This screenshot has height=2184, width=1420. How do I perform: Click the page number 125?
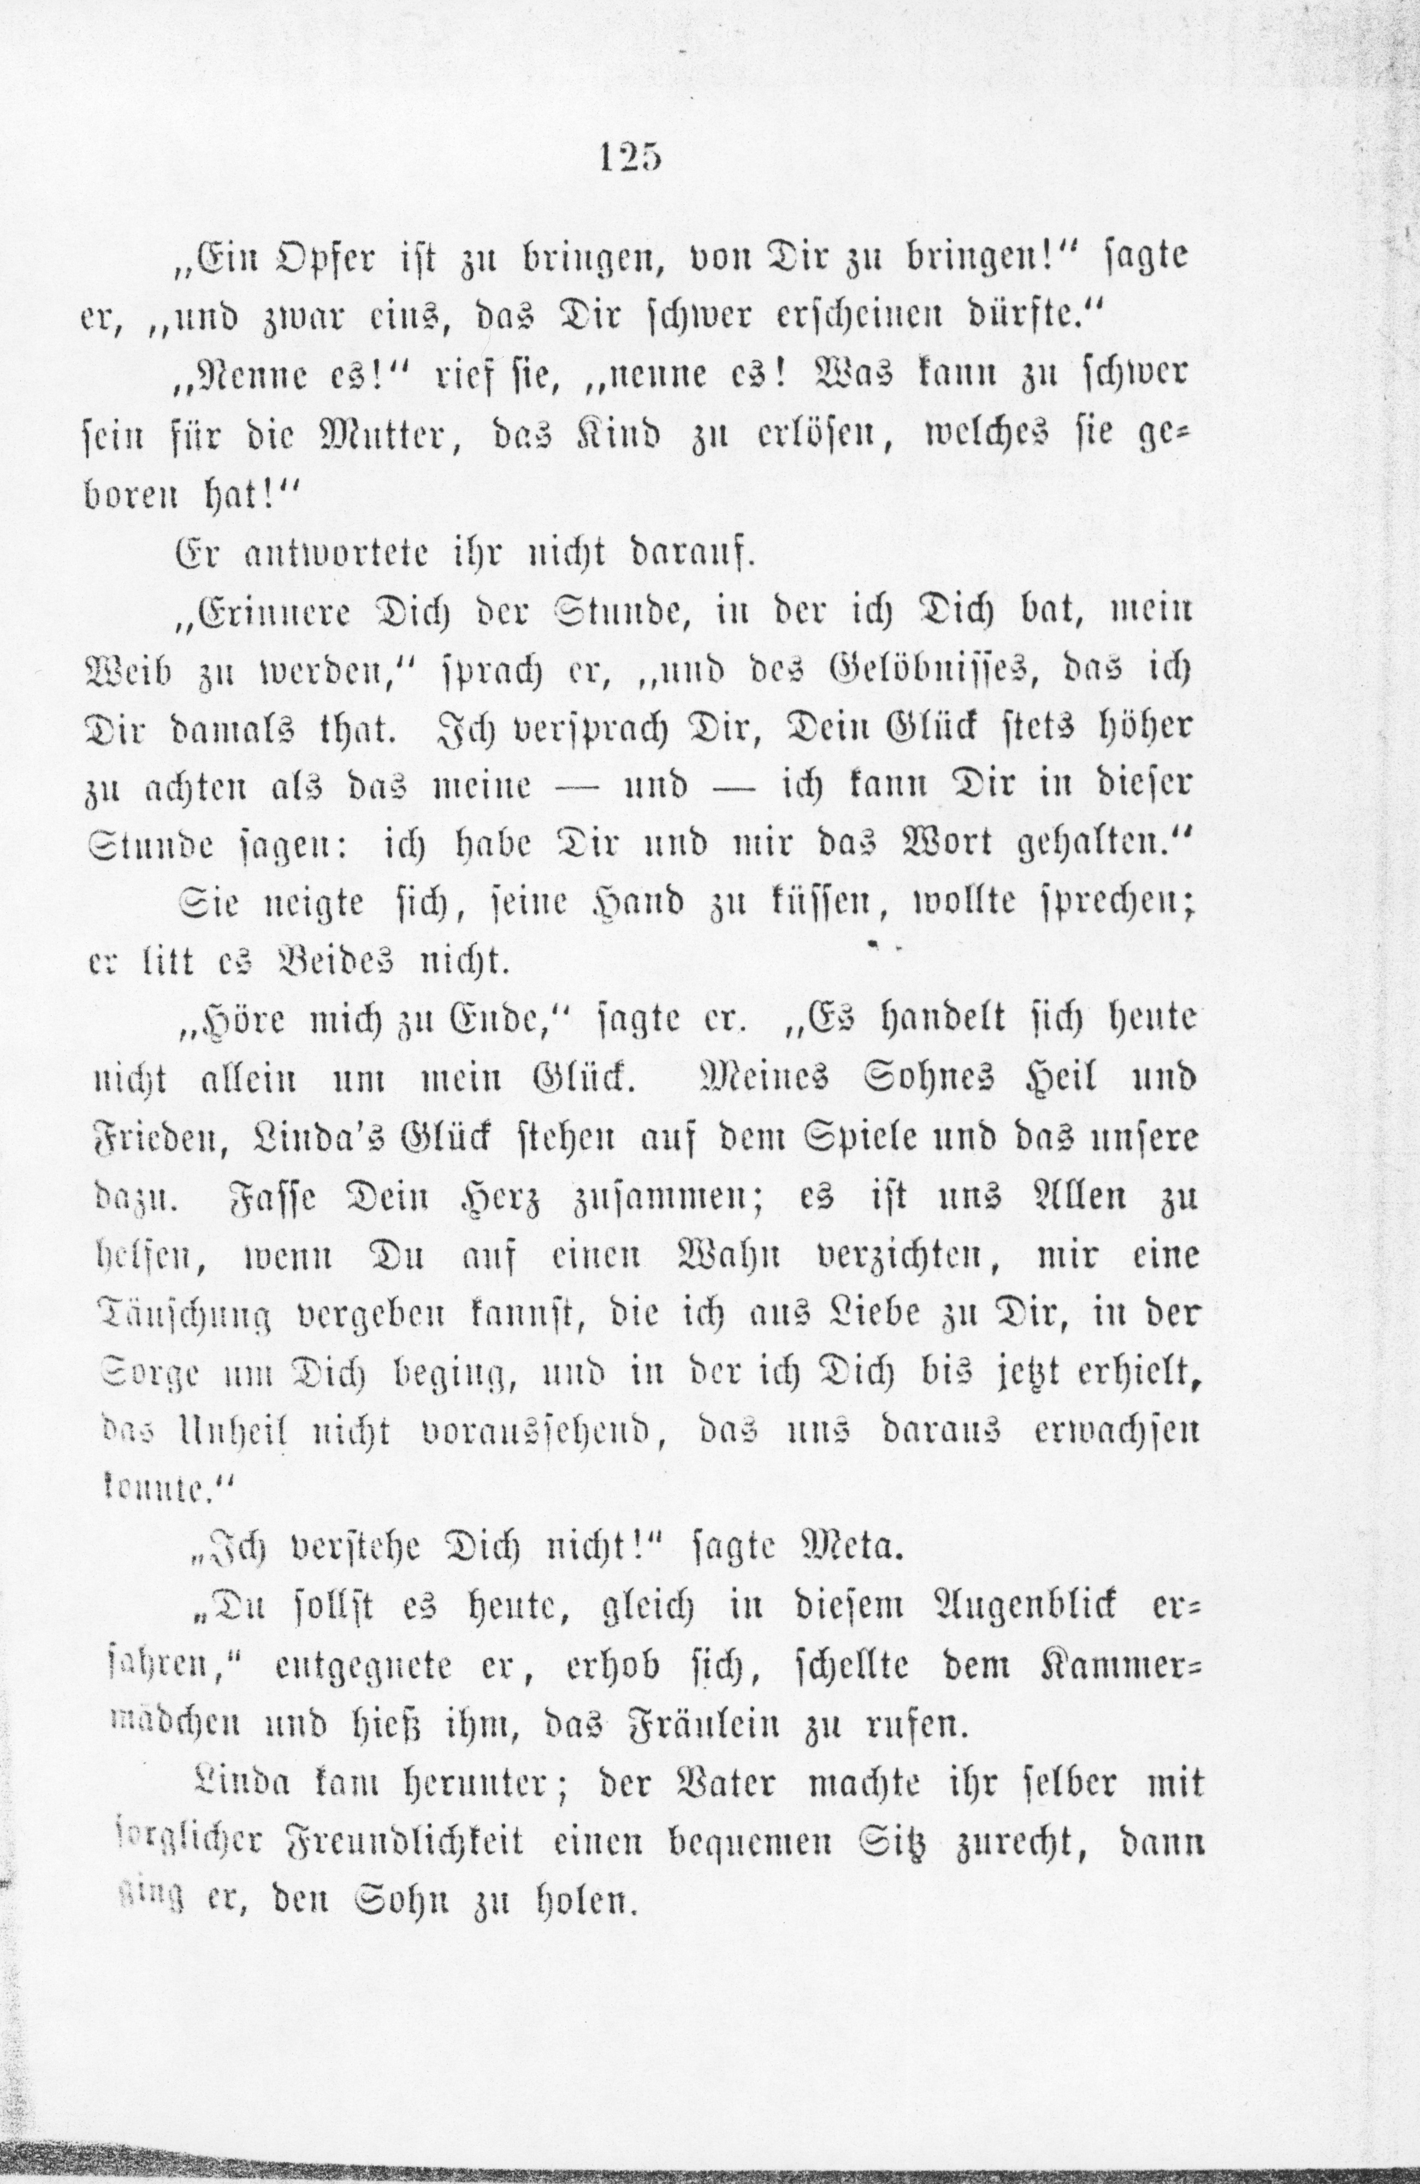[x=630, y=158]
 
